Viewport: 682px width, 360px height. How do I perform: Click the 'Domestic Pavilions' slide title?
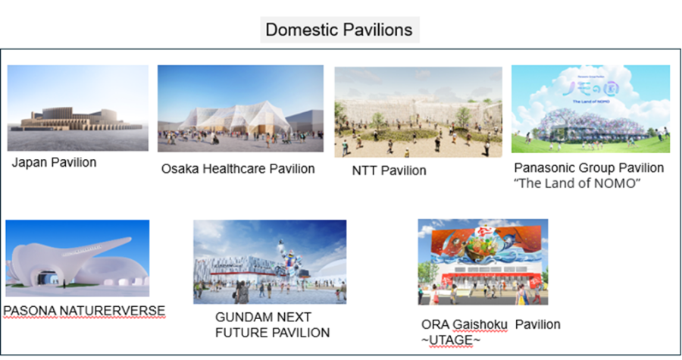pos(339,30)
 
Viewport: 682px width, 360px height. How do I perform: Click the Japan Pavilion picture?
pos(78,108)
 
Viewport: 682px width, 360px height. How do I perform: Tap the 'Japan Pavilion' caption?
pos(54,163)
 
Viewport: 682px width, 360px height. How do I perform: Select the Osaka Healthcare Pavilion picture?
pos(240,108)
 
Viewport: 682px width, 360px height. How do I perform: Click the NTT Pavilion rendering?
pos(418,111)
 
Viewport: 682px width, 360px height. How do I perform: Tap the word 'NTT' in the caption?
pos(364,171)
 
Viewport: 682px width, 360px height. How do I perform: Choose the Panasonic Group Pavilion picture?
pos(590,108)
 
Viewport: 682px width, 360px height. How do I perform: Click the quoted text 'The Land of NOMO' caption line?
pos(577,183)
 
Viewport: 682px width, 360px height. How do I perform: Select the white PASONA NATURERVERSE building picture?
pos(77,258)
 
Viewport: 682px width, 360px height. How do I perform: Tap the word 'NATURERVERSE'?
pos(112,311)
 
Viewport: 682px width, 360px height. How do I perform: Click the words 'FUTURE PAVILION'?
pos(272,333)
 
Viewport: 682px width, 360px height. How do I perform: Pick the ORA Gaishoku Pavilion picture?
pos(483,261)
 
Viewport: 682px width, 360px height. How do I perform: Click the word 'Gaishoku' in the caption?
pos(480,325)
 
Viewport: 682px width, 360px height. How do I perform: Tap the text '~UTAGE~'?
pos(451,340)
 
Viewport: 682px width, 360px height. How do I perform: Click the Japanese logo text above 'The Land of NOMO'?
pos(590,88)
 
